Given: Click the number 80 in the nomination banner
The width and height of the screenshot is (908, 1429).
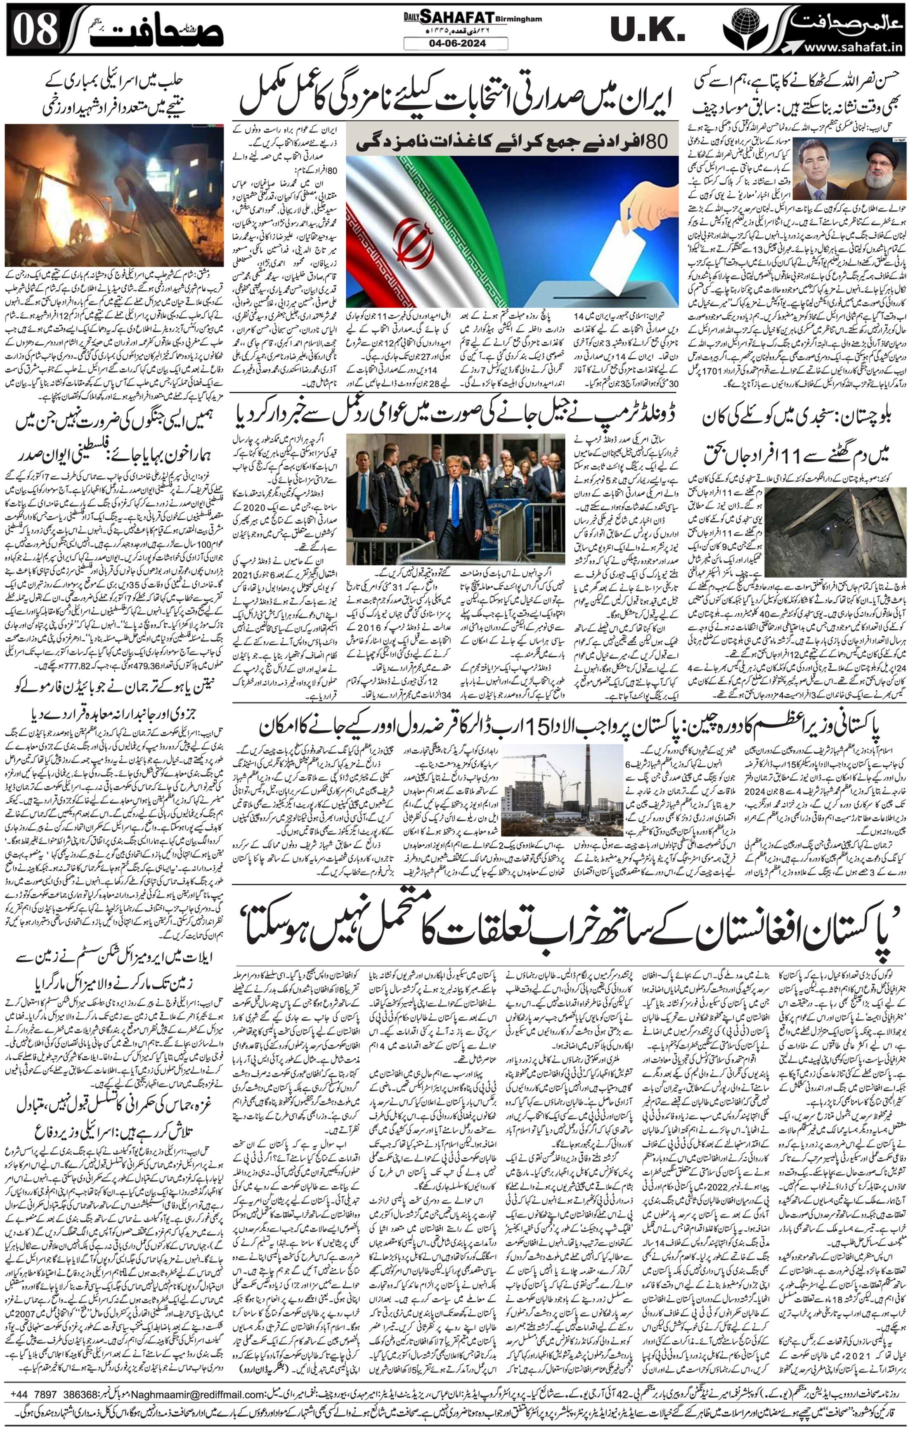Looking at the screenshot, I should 655,141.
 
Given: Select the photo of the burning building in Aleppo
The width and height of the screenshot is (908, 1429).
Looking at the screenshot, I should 113,195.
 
